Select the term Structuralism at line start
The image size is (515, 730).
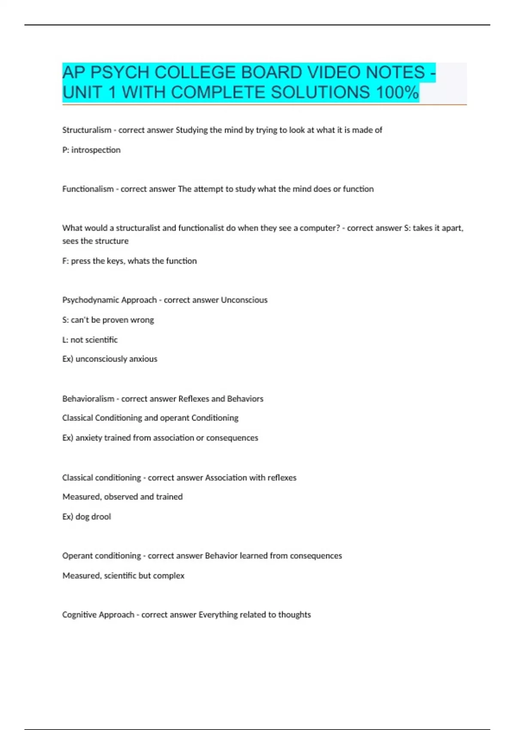87,130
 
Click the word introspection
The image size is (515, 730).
96,150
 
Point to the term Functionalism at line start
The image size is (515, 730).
88,189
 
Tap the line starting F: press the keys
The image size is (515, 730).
129,261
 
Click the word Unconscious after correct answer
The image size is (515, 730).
244,300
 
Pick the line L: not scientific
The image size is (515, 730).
90,340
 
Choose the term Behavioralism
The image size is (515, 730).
88,399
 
